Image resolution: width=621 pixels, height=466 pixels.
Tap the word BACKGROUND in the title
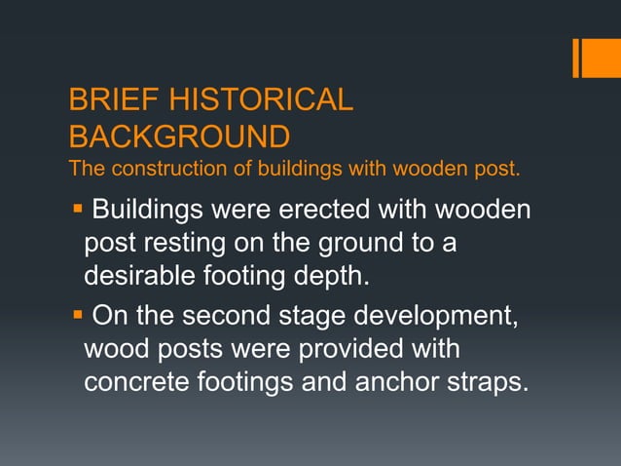[179, 135]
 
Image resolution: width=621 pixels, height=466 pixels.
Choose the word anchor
[408, 381]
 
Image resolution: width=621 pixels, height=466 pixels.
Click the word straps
[495, 381]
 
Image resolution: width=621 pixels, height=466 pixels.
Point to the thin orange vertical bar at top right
[575, 58]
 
